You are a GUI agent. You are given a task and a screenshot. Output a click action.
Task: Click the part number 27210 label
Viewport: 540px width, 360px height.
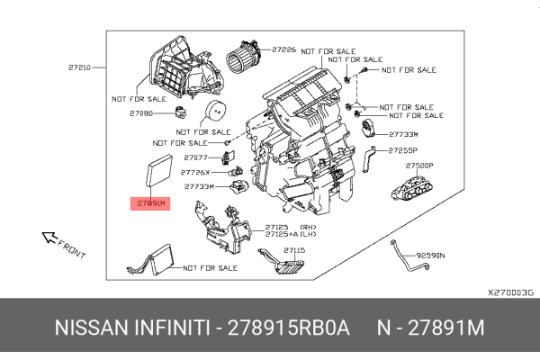point(80,67)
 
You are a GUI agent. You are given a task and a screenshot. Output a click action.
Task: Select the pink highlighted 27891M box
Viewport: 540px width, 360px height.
point(151,203)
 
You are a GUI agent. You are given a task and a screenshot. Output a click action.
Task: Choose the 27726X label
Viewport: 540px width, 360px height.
point(195,172)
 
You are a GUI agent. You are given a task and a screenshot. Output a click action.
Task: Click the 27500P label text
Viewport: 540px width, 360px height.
point(419,166)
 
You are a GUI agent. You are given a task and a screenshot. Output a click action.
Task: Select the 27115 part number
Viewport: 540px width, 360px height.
point(295,250)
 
